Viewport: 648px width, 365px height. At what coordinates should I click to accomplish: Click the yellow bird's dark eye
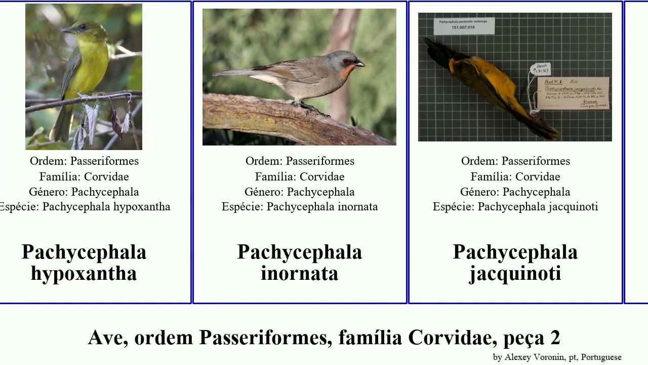click(x=83, y=27)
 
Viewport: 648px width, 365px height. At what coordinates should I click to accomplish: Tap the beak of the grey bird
click(x=359, y=64)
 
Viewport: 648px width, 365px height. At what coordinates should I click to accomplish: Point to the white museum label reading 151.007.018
click(x=464, y=25)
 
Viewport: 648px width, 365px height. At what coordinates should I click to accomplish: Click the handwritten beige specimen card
click(x=576, y=93)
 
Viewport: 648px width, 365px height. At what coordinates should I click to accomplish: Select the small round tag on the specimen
click(x=540, y=69)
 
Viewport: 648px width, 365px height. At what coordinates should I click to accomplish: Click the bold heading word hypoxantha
click(x=84, y=274)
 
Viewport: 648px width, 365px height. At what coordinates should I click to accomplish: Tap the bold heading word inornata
click(x=299, y=274)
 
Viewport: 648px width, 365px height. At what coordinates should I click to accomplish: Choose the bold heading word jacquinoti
click(x=515, y=274)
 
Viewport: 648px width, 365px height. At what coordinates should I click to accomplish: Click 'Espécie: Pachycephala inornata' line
click(x=300, y=207)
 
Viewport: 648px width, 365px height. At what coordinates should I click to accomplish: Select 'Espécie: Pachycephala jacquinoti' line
click(x=515, y=207)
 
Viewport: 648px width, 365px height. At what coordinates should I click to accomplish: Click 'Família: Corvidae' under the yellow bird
click(x=84, y=176)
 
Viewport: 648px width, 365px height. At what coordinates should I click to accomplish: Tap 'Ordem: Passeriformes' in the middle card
click(x=300, y=161)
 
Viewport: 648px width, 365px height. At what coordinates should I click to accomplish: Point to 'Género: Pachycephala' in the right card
click(x=515, y=192)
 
